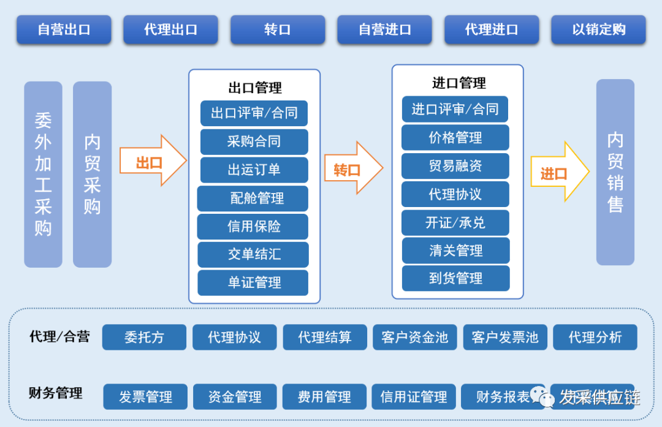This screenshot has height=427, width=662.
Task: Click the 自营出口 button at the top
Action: (x=64, y=29)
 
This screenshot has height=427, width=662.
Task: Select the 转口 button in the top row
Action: (x=278, y=29)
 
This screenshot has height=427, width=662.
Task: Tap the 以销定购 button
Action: (x=598, y=29)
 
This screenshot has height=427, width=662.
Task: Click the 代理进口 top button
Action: (x=492, y=29)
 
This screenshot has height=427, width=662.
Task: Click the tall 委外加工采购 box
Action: (x=43, y=175)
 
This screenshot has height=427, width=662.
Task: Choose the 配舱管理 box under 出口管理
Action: (x=253, y=198)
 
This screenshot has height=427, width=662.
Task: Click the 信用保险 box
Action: (x=253, y=227)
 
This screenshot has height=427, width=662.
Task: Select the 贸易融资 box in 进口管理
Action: (x=455, y=166)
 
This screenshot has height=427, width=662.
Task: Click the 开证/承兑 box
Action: (x=455, y=222)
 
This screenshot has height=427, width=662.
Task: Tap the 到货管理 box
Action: (x=455, y=278)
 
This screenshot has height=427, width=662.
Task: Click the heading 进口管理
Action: (x=458, y=83)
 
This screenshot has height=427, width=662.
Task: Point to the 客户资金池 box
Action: (x=415, y=337)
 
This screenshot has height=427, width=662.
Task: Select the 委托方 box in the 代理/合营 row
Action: (x=144, y=337)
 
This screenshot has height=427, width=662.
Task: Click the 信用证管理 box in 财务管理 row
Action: (x=414, y=397)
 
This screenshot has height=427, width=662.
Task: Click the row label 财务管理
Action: (x=56, y=393)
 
